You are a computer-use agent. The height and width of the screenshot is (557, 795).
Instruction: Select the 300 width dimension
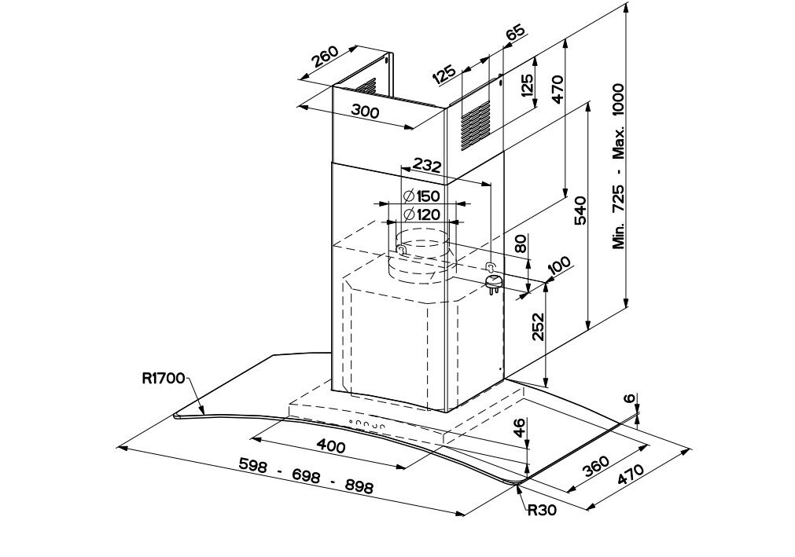(x=365, y=112)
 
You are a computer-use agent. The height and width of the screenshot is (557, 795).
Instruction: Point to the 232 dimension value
(x=427, y=166)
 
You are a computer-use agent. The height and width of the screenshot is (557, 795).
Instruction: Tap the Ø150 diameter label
(x=421, y=196)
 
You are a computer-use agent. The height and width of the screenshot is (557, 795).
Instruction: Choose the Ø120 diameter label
(x=421, y=214)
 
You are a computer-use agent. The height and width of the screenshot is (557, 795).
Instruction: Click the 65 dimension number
(x=514, y=34)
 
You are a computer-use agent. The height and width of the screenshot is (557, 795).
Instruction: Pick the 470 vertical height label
(x=558, y=90)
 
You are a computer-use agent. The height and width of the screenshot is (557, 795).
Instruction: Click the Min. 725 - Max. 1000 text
(x=619, y=167)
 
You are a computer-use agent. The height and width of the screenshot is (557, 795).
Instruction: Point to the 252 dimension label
(x=538, y=326)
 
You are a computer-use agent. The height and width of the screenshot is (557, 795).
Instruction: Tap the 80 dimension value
(x=520, y=243)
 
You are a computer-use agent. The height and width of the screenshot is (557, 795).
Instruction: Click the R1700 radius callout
(x=163, y=379)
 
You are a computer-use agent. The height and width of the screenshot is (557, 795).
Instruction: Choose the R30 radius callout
(x=541, y=510)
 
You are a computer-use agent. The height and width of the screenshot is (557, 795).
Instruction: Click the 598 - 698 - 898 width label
(x=305, y=476)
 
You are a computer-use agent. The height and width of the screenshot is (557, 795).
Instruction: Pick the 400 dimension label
(x=330, y=446)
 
